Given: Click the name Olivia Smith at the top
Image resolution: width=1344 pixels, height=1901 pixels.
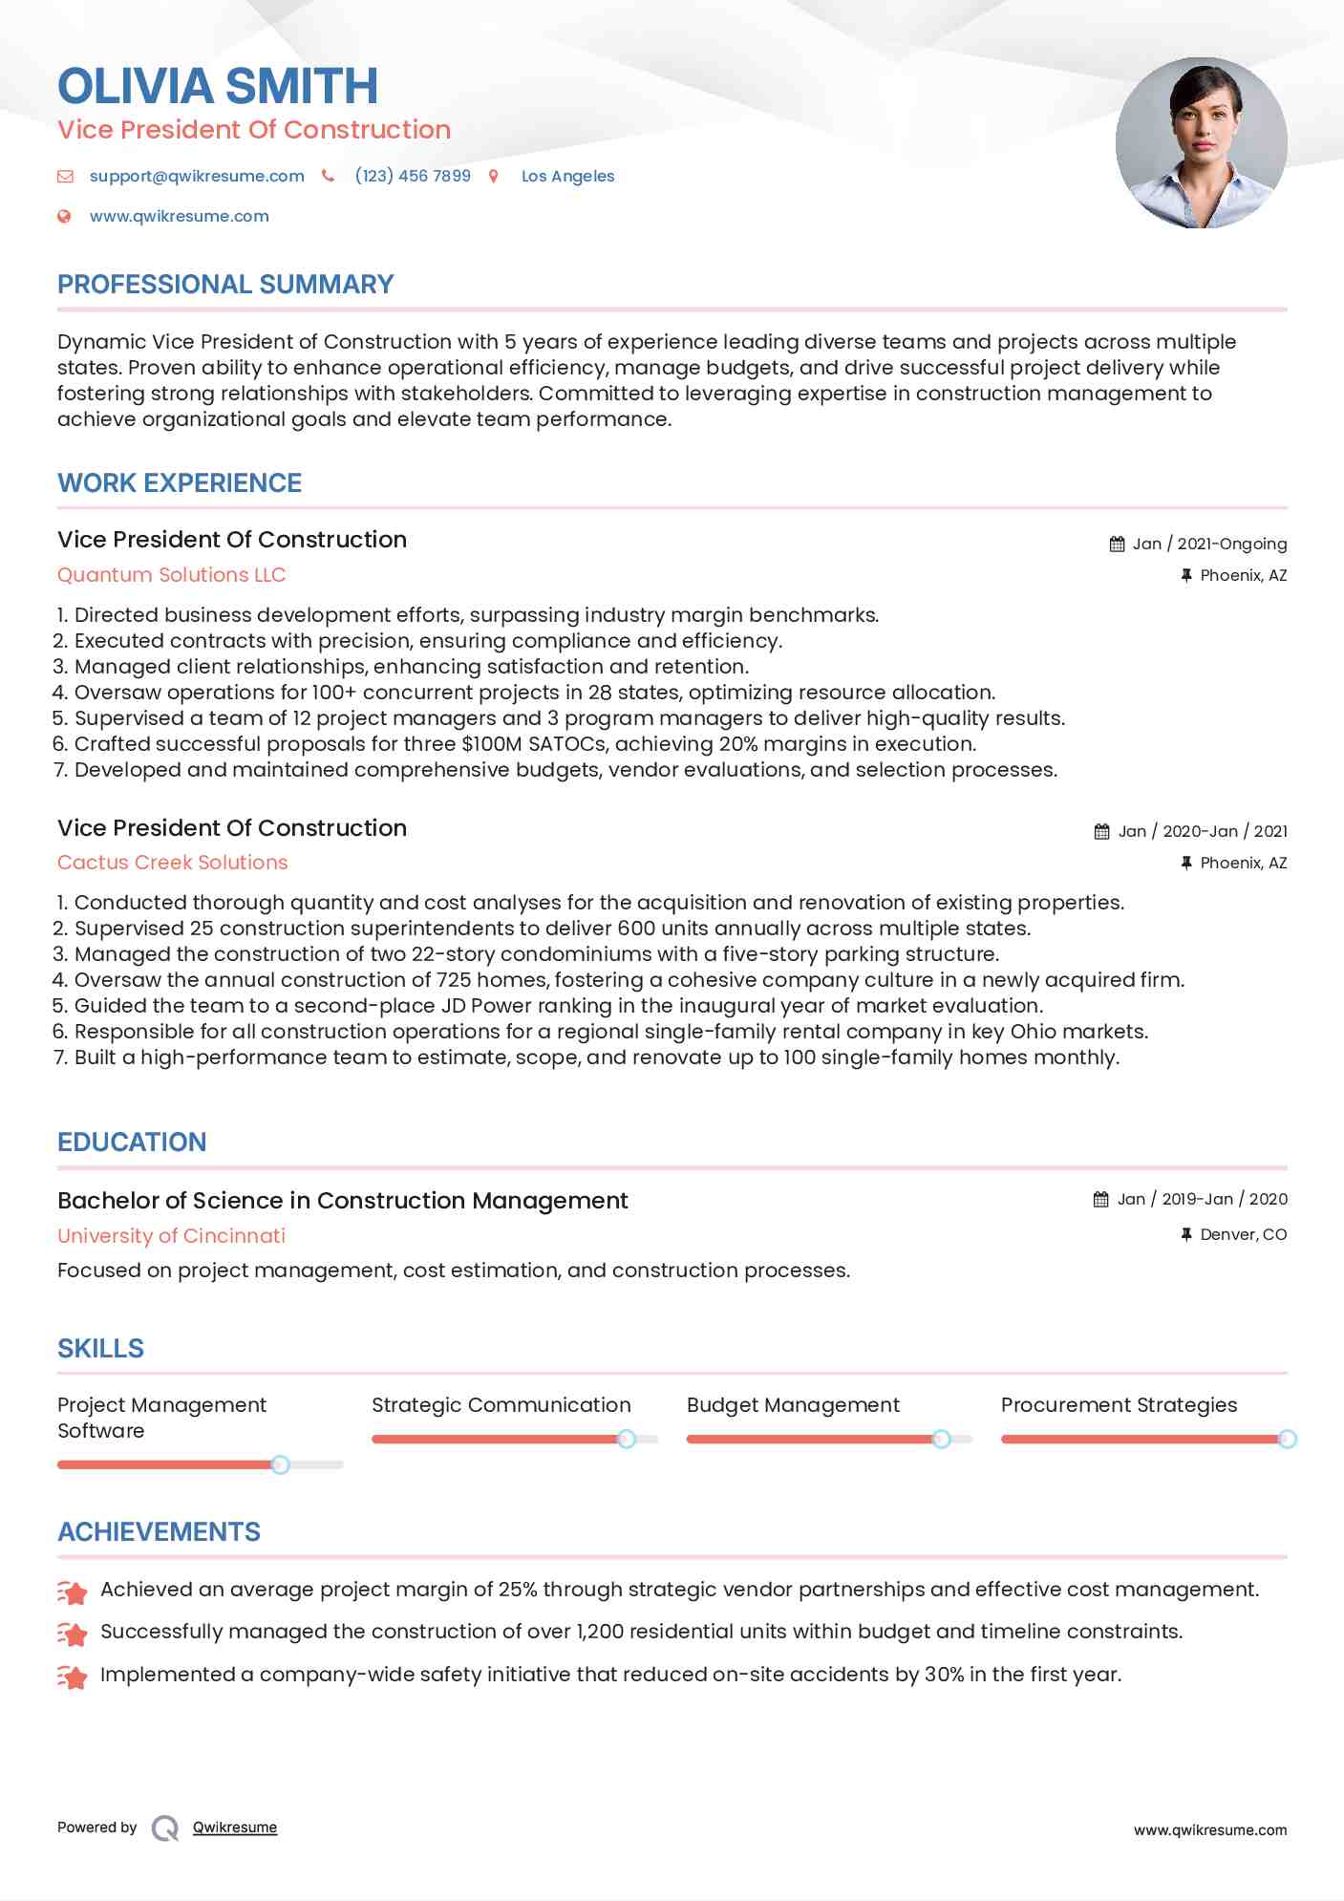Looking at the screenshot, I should pos(218,86).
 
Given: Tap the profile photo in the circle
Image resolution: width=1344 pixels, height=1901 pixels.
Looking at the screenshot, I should pos(1201,143).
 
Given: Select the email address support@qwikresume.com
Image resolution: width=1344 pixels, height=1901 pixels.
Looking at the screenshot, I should pos(197,177).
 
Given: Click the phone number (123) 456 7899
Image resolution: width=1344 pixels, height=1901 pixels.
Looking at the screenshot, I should pos(413,177).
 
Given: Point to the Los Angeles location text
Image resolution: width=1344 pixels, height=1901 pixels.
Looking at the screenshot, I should pos(567,177).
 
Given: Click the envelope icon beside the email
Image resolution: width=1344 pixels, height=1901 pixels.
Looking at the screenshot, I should pos(65,177).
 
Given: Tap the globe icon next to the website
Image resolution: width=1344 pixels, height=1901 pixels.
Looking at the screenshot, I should pos(64,217).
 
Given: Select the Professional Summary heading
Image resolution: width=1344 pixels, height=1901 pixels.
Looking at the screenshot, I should pos(225,285).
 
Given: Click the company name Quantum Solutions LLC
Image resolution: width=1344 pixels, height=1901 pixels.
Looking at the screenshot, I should pos(171,575).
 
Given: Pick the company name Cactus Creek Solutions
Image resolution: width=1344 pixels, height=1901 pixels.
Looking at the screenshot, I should pos(172,863).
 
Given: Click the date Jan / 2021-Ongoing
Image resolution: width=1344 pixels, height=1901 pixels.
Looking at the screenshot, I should pos(1209,545).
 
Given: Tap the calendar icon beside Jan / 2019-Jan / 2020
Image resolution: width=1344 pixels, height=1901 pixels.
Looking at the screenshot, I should pos(1101,1200).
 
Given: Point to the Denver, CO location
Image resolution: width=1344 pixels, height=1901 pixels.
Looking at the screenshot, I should pos(1243,1235).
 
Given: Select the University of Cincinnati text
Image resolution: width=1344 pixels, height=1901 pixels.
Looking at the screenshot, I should pos(171,1236).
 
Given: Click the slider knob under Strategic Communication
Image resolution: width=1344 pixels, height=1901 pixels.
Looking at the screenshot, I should pos(627,1439).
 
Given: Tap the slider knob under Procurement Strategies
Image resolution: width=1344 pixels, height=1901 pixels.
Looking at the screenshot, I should pos(1287,1439).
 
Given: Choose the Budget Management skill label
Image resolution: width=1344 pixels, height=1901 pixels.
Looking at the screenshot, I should pos(793,1405).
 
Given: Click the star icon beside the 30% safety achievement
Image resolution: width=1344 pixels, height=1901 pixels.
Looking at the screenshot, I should pos(73,1676).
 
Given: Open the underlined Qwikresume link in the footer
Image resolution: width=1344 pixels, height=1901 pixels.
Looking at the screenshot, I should pos(235,1827).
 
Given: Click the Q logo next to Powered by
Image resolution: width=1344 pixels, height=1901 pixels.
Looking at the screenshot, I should pos(165,1828).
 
